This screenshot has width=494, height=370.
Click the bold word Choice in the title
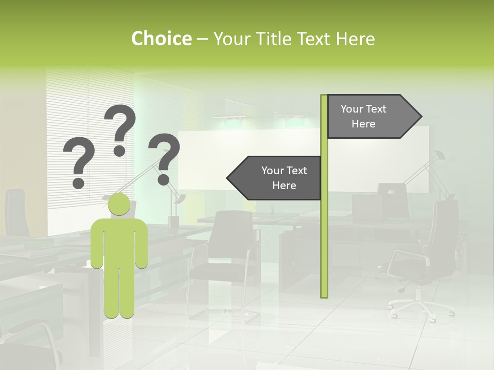coord(161,39)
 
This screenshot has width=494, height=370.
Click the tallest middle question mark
coord(121,128)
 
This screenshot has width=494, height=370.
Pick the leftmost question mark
coord(79,162)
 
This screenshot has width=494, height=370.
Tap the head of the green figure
coord(119,204)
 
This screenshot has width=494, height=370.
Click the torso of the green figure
coord(119,242)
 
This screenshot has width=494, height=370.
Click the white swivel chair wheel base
coord(420,305)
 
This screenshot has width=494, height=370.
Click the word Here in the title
coord(355,39)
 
